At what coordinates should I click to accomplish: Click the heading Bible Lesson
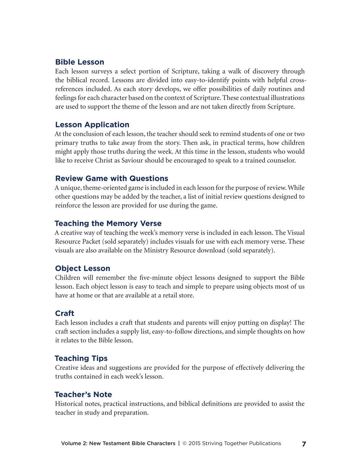click(79, 62)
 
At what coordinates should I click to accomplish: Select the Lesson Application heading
click(92, 125)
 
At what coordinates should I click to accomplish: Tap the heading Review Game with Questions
click(111, 178)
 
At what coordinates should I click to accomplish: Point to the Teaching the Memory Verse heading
click(108, 224)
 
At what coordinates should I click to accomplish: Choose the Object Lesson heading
click(82, 268)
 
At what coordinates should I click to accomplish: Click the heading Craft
click(64, 313)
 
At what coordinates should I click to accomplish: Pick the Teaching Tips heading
click(81, 358)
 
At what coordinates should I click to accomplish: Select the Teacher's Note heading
click(83, 395)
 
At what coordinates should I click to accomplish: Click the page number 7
click(304, 444)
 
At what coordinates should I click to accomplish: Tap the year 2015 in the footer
click(194, 443)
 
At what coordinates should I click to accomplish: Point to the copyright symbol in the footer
click(185, 443)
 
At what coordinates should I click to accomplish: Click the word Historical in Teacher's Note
click(68, 404)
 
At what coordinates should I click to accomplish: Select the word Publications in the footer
click(265, 443)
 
